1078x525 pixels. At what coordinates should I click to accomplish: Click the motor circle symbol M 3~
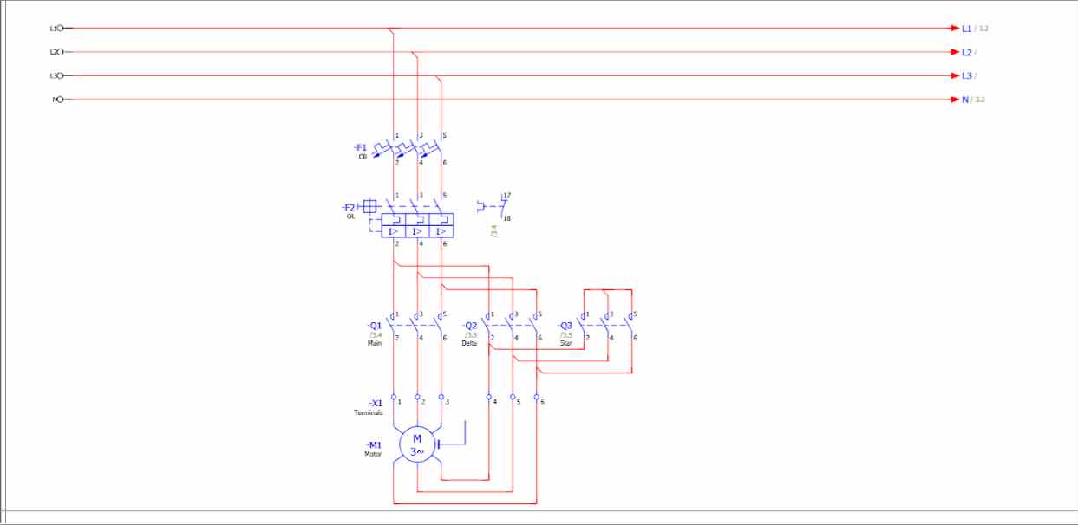(x=417, y=444)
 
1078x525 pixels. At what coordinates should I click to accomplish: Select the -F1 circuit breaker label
(x=361, y=147)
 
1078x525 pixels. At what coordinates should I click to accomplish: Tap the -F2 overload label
(x=349, y=207)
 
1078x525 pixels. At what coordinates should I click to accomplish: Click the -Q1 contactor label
(x=375, y=326)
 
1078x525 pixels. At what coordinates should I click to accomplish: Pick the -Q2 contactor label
(x=469, y=326)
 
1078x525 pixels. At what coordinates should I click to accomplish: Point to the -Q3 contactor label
(x=565, y=326)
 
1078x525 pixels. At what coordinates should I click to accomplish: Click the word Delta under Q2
(x=469, y=343)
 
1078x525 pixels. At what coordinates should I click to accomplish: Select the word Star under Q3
(x=565, y=343)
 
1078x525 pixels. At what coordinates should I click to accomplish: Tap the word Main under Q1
(x=375, y=343)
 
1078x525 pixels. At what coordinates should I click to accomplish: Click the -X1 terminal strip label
(x=376, y=403)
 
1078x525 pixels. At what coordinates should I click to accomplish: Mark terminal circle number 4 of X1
(x=489, y=397)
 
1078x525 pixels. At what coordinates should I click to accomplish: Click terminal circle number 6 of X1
(x=537, y=397)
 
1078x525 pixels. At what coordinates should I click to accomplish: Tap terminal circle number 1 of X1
(x=394, y=397)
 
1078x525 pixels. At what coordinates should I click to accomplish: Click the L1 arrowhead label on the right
(x=966, y=29)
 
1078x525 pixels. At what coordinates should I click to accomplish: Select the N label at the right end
(x=965, y=100)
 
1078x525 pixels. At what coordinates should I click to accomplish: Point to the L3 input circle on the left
(x=61, y=75)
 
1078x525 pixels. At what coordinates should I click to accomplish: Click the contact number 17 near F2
(x=506, y=196)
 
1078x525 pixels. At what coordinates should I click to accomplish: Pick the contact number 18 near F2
(x=506, y=218)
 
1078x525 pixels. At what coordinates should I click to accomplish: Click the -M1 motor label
(x=374, y=444)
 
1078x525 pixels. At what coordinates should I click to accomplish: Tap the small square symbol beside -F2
(x=369, y=206)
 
